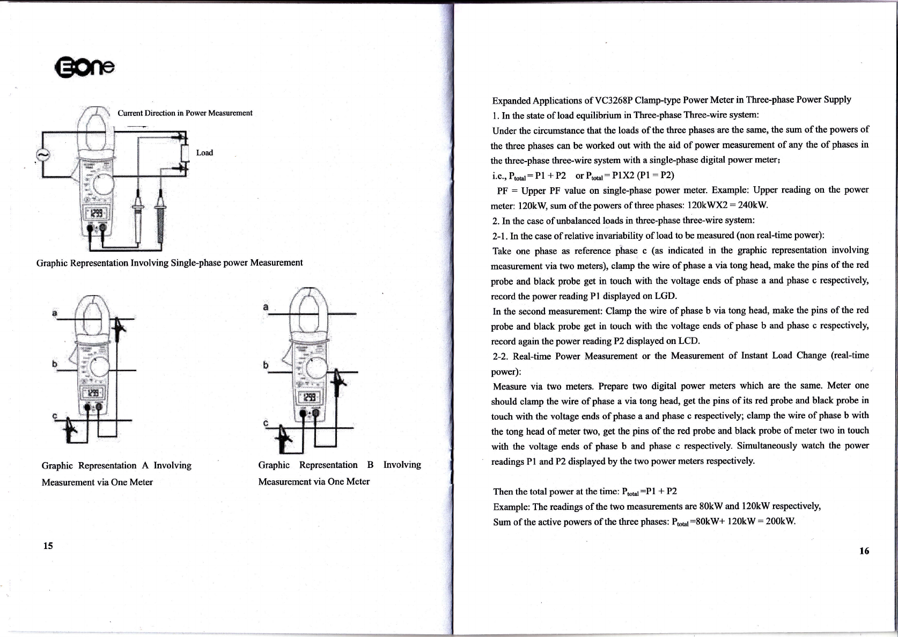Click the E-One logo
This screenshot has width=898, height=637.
85,68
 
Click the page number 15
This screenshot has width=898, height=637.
48,546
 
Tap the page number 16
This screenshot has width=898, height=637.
864,551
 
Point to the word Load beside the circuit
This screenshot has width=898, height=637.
204,152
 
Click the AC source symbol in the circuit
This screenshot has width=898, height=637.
43,155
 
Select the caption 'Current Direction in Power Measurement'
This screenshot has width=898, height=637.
185,113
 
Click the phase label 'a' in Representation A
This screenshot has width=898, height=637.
55,312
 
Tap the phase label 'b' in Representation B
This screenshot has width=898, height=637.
266,365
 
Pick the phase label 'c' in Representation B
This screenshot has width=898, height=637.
266,423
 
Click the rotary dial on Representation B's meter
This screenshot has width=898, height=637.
316,368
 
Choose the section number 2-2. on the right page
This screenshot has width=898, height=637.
500,356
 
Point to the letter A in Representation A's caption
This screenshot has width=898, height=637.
145,465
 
